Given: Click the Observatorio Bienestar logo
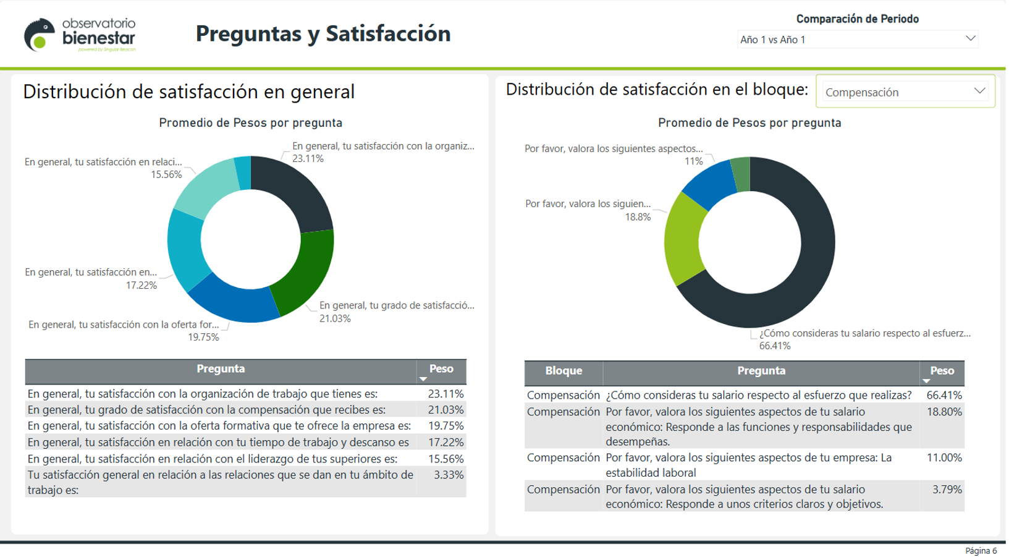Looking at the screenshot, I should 80,35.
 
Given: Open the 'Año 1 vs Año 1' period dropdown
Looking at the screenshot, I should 858,40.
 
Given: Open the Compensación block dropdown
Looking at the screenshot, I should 905,92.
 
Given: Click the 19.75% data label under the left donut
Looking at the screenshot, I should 203,338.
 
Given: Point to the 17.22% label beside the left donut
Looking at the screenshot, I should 141,285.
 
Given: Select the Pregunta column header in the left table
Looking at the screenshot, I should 221,369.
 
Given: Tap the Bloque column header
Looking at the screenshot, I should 564,371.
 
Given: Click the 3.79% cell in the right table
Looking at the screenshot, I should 947,490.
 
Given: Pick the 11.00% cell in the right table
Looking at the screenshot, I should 944,458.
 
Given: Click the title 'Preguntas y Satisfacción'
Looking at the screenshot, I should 323,34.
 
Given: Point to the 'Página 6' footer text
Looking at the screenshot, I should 981,551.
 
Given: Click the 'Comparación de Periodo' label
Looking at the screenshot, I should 857,19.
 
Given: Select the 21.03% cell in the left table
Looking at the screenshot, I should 445,410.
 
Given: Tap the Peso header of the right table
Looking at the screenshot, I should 942,371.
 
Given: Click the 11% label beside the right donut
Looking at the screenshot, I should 693,161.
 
